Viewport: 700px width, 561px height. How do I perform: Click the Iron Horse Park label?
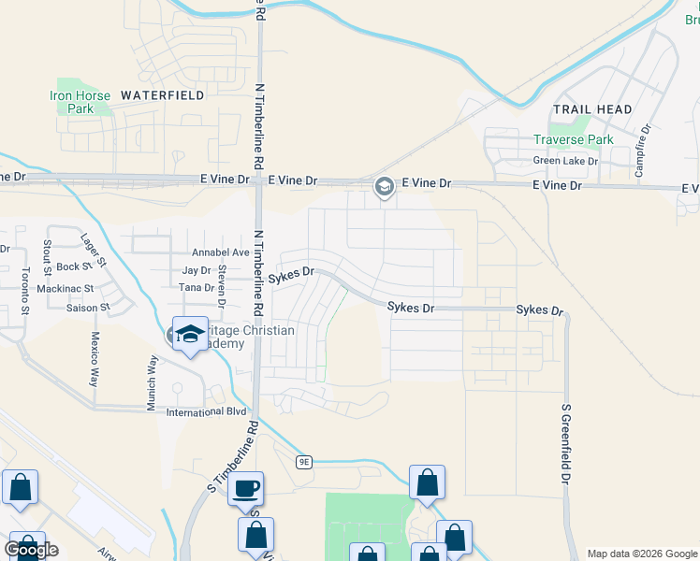tap(73, 102)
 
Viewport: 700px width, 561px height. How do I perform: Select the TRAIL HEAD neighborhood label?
tap(591, 109)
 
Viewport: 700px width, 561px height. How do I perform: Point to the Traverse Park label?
tap(573, 139)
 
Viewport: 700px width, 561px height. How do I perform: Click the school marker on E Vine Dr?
tap(383, 187)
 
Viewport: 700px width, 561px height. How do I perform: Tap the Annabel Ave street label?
tap(221, 252)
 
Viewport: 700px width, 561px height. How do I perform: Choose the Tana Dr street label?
tap(196, 288)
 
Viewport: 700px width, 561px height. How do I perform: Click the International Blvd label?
tap(205, 411)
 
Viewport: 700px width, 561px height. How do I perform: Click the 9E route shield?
tap(303, 462)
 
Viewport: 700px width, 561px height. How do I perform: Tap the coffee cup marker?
tap(246, 488)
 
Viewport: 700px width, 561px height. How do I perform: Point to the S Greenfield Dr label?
tap(565, 444)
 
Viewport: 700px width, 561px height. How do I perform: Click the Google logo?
tap(31, 549)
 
